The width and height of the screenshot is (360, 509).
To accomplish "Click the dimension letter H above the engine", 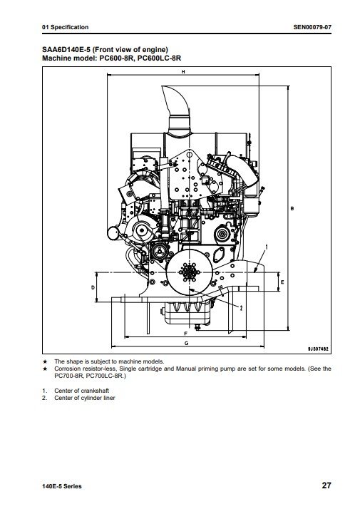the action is [x=183, y=72].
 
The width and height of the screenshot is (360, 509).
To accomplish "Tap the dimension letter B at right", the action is [x=292, y=208].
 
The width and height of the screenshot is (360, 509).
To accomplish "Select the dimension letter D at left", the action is [x=93, y=287].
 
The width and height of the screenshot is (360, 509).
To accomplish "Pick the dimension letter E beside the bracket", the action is [x=282, y=282].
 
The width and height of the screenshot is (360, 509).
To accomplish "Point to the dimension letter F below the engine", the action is [x=186, y=334].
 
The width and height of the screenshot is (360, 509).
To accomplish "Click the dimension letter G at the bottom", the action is [x=186, y=343].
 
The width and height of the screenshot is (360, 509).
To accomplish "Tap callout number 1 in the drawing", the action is [x=267, y=247].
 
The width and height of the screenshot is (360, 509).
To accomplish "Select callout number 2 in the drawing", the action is [x=241, y=308].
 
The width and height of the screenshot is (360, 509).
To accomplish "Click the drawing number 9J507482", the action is [x=318, y=349].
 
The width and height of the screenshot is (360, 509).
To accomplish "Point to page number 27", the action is [x=326, y=485].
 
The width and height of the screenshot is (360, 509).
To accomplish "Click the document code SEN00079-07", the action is [x=312, y=27].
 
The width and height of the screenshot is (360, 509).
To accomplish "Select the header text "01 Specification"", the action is [x=66, y=27].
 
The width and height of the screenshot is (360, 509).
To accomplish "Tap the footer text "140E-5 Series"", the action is [x=62, y=486].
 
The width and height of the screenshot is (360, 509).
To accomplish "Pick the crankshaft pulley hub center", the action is [x=189, y=272].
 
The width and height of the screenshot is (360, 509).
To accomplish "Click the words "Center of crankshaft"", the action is [x=81, y=391].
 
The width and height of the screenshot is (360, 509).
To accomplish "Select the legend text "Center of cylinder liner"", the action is [x=84, y=398].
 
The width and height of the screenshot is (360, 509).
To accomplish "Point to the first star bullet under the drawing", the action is [x=45, y=361].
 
